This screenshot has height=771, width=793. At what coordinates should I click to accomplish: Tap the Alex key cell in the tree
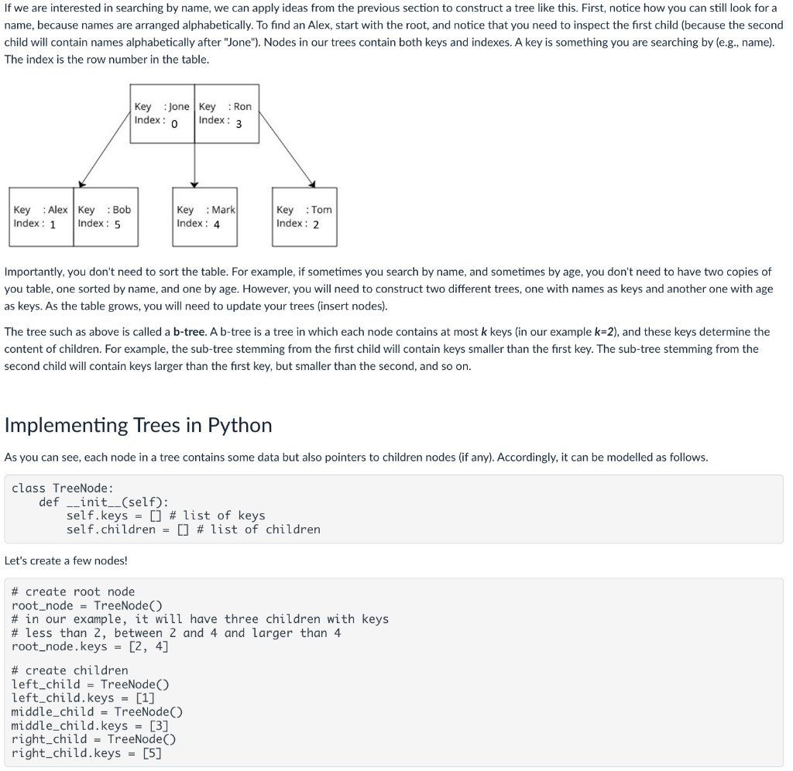coord(41,217)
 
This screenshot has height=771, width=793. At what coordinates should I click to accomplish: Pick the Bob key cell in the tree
coord(105,217)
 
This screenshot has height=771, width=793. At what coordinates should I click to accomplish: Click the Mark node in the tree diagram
coord(205,217)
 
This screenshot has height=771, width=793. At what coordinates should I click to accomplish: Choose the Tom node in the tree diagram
coord(304,217)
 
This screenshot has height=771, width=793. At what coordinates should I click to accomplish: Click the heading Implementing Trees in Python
coord(139,425)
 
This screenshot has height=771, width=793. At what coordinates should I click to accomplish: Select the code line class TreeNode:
coord(63,488)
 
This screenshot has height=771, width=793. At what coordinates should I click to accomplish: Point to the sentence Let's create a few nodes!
coord(66,560)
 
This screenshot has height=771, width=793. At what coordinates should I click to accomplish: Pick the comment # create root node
coord(73,591)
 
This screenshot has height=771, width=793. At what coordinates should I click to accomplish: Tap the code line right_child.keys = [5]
coord(87,752)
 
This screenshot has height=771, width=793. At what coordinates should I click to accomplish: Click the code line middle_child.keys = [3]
coord(90,725)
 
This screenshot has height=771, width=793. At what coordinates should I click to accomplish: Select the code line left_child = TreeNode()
coord(91,684)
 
